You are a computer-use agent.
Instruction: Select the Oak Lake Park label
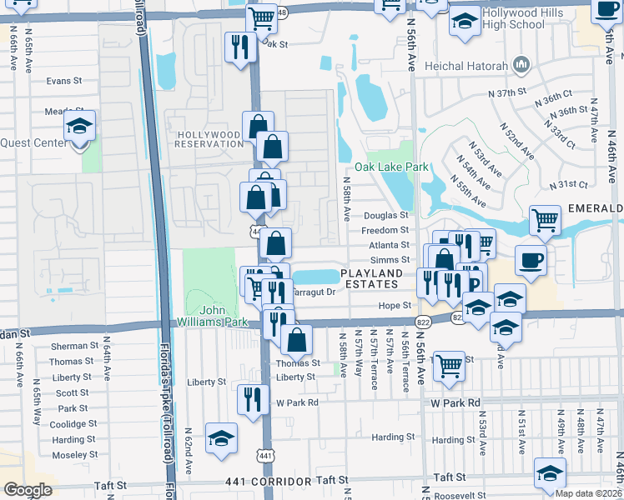pyautogui.click(x=391, y=167)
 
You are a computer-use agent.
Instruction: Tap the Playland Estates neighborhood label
pyautogui.click(x=375, y=278)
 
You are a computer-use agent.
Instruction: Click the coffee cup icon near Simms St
pyautogui.click(x=531, y=260)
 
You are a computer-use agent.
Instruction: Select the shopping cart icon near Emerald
pyautogui.click(x=545, y=222)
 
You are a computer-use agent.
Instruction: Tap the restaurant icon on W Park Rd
pyautogui.click(x=253, y=401)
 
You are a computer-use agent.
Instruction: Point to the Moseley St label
pyautogui.click(x=70, y=455)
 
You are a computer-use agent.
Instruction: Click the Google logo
pyautogui.click(x=28, y=490)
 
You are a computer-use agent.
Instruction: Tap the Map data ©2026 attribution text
pyautogui.click(x=587, y=493)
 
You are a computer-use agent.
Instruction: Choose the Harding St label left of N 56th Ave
pyautogui.click(x=393, y=437)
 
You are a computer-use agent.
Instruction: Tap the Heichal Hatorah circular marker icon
pyautogui.click(x=522, y=64)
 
